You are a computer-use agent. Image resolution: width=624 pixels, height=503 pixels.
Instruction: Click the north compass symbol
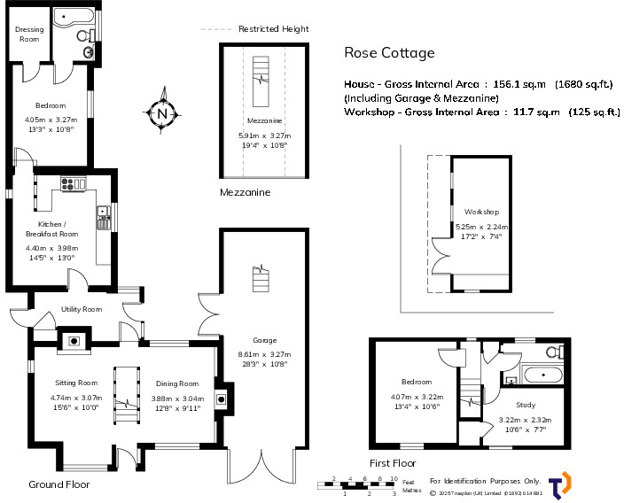[x=161, y=112]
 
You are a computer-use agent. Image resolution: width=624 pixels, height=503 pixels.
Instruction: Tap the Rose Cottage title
[x=389, y=52]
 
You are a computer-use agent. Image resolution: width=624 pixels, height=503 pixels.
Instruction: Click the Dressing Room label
[x=28, y=35]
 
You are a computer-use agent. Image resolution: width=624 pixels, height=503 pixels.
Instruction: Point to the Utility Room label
[x=82, y=309]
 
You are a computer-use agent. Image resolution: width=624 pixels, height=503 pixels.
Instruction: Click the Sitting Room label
[x=74, y=383]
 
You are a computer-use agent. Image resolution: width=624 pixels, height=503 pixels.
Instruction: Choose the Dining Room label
[x=176, y=383]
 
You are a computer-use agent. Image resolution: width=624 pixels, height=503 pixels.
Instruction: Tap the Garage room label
[x=264, y=340]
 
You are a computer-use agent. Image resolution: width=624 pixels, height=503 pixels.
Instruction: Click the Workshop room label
[x=481, y=213]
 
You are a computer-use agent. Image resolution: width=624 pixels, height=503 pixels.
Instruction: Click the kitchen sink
[x=102, y=212]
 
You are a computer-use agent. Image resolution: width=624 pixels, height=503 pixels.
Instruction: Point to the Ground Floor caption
[x=58, y=484]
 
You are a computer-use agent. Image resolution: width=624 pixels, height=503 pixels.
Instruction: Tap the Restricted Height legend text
[x=273, y=28]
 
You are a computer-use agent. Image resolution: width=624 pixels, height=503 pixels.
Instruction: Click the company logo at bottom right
[x=559, y=484]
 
